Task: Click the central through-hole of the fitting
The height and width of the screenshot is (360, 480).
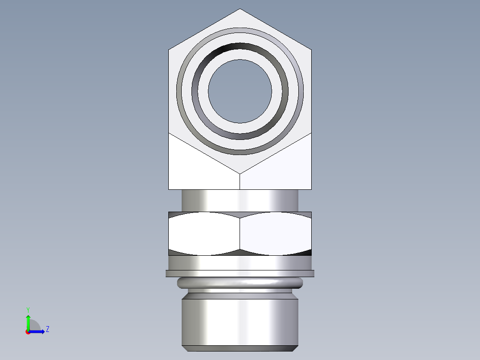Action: point(240,91)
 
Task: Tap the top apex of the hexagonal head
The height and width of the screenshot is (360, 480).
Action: point(240,10)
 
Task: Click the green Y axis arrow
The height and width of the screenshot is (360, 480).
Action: point(28,320)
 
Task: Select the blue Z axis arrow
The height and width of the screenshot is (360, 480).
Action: point(38,331)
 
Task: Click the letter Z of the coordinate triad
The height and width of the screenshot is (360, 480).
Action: point(47,329)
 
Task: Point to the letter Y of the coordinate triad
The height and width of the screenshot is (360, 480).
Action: point(28,309)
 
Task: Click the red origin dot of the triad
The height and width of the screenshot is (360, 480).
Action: point(28,332)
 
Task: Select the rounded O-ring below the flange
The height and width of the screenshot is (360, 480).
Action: point(240,282)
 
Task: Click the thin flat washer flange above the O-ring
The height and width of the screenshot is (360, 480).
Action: point(240,273)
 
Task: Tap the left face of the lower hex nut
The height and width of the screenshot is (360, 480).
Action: point(204,233)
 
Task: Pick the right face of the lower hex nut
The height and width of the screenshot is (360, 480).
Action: point(275,233)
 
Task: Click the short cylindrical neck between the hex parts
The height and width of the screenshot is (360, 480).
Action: point(240,200)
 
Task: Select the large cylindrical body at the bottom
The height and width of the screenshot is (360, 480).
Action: point(240,321)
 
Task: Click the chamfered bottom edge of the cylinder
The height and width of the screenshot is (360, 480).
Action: point(240,348)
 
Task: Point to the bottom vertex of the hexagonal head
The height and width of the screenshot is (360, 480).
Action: point(240,173)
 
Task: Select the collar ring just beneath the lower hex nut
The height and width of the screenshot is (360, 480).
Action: point(240,263)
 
